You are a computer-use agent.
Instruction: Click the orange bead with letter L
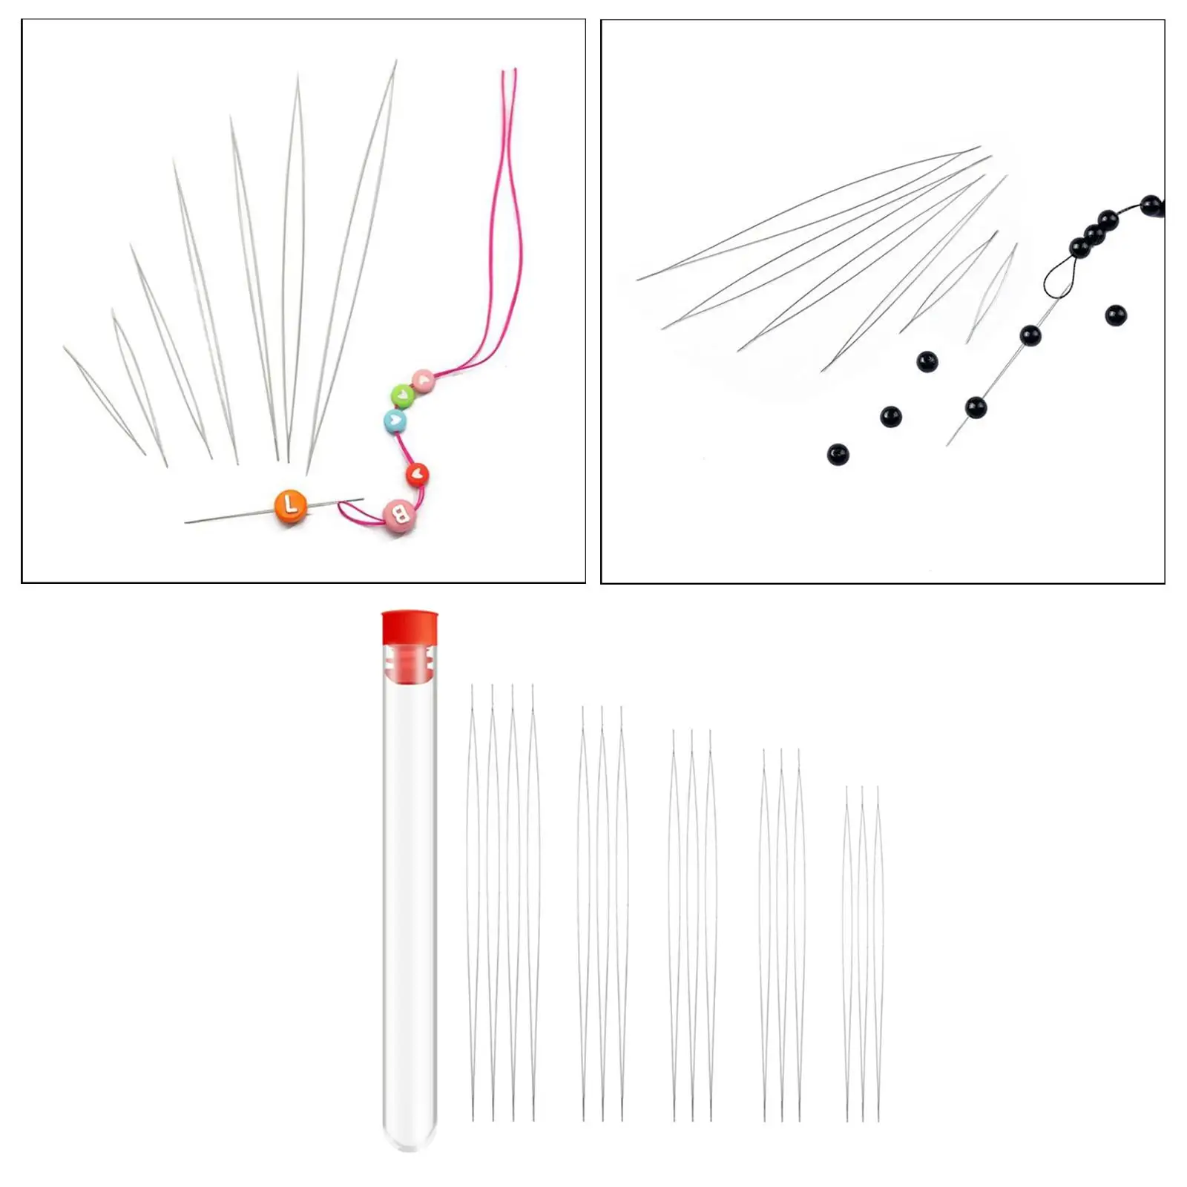pos(291,507)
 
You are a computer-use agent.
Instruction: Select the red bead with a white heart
pos(417,473)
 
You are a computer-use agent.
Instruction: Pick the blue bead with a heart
pos(395,421)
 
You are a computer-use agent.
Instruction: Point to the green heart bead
pos(402,395)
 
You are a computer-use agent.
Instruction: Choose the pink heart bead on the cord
pos(423,381)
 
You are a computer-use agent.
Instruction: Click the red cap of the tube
pos(410,629)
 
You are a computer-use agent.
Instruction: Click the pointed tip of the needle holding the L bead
pos(188,522)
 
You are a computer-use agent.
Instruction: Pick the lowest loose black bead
pos(838,454)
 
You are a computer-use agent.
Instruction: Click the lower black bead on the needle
pos(976,407)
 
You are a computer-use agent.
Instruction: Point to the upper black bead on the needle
pos(1029,335)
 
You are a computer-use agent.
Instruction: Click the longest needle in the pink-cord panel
pos(352,267)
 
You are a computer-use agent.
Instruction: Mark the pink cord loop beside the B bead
pos(353,510)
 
